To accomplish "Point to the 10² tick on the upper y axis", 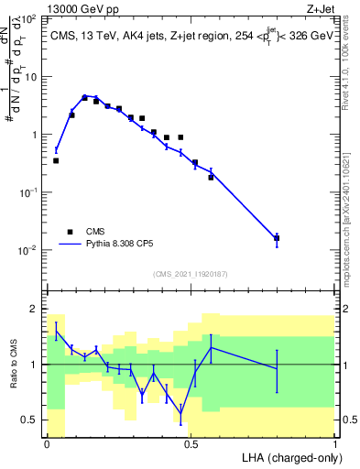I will (x=31, y=19).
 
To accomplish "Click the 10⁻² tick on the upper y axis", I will (x=30, y=250).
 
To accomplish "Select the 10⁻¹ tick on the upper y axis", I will (x=30, y=192).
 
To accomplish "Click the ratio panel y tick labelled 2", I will (x=35, y=309).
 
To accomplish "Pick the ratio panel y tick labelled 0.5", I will (x=30, y=420).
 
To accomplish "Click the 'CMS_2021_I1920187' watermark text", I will (x=190, y=274).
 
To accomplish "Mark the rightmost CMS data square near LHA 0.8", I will (x=277, y=238).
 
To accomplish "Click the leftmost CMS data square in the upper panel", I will (x=56, y=160).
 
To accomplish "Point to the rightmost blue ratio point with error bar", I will (x=277, y=368).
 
